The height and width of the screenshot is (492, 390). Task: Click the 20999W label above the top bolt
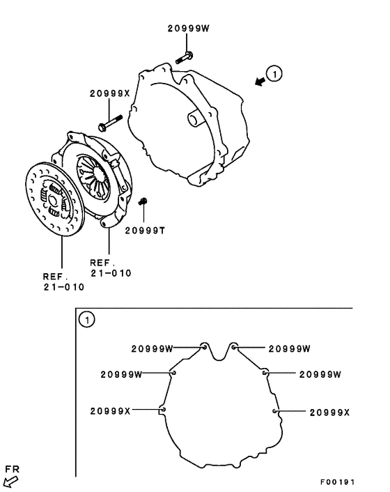189,29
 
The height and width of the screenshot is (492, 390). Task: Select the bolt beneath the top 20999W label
185,57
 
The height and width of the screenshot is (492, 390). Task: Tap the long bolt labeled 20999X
110,123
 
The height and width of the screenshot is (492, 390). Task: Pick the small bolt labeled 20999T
143,201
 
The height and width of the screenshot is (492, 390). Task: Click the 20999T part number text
145,231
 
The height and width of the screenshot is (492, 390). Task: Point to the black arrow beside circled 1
260,82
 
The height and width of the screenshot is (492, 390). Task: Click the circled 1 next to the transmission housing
274,74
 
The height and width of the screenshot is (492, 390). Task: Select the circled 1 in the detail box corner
86,320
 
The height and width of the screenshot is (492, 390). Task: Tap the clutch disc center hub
52,201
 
